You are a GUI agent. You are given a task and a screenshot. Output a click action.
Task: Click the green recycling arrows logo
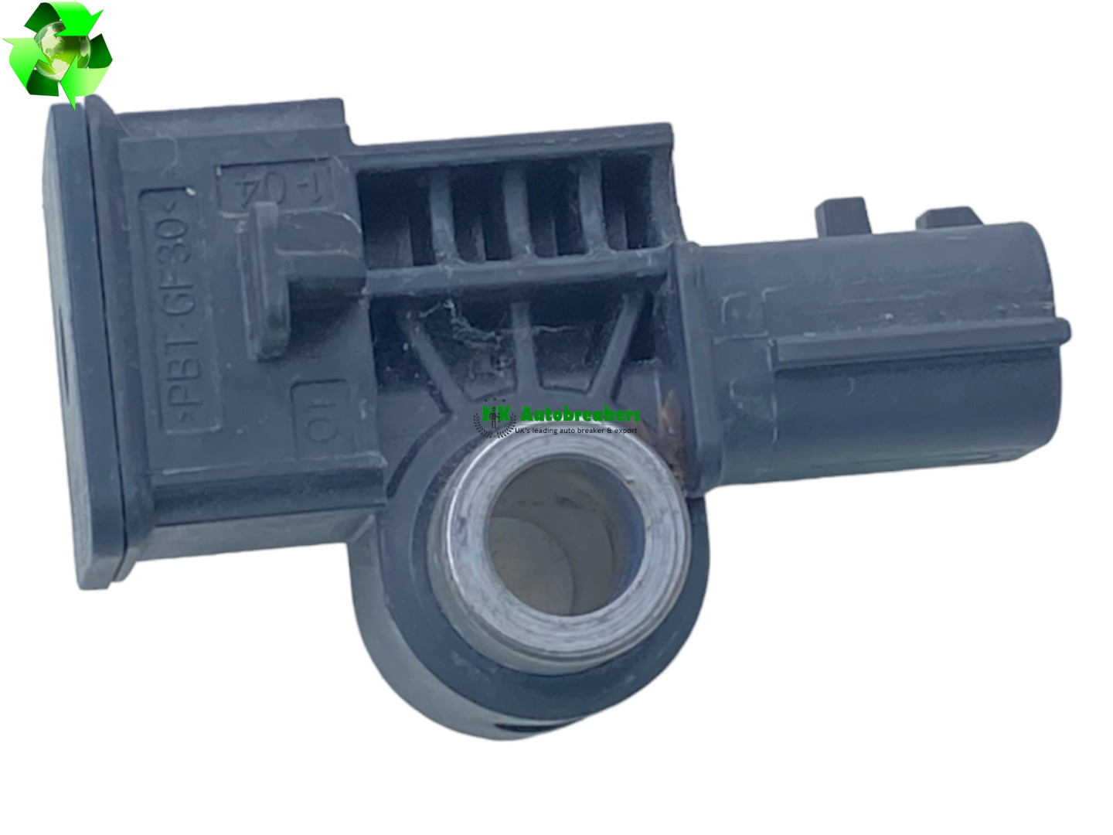58,50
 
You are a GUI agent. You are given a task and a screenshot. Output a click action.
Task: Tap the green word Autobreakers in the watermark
580,414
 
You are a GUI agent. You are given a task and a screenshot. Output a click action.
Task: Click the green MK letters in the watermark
496,415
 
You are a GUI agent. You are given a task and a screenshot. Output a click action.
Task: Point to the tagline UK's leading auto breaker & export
576,431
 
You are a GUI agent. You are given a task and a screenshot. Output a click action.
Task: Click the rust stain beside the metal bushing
674,433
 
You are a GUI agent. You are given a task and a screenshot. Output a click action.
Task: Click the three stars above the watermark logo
494,402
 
